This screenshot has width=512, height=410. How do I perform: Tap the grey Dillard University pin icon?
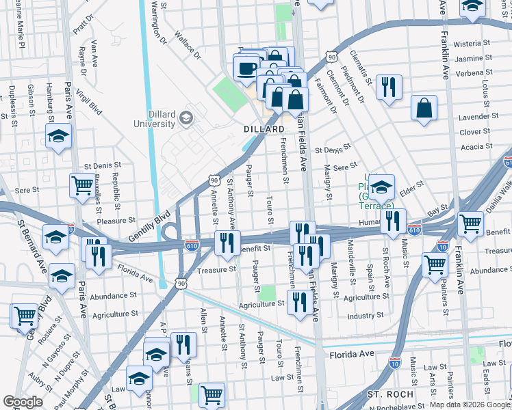[x=185, y=120]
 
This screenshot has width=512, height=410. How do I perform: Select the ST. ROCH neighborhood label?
[x=390, y=394]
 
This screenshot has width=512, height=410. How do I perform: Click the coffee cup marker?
[x=247, y=68]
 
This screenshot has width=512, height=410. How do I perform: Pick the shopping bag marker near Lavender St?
[x=424, y=108]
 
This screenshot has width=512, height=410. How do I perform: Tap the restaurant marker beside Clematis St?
[x=389, y=87]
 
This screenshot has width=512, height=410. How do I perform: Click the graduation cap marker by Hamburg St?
[x=59, y=136]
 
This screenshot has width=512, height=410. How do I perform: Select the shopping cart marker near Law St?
[x=212, y=394]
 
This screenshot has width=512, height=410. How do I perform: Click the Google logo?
[x=23, y=402]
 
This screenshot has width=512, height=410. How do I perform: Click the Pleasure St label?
[x=116, y=221]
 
